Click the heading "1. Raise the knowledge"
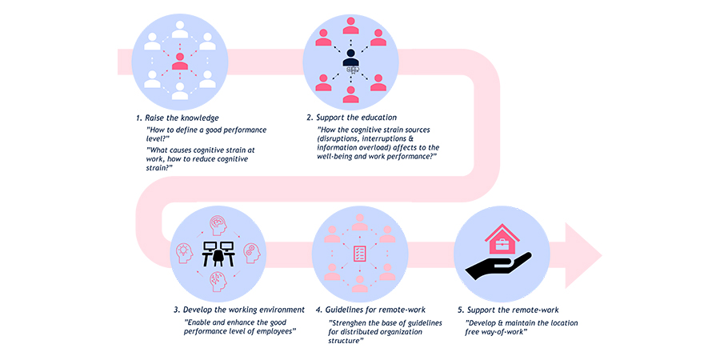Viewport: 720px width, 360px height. point(175,118)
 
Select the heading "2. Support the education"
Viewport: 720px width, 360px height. point(352,118)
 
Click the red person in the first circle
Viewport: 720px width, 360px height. point(180,62)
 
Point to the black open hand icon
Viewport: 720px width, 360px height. point(498,266)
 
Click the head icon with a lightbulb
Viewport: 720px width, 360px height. point(184,254)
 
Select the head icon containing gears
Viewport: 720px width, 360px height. point(252,253)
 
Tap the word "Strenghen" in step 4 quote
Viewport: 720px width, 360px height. point(349,323)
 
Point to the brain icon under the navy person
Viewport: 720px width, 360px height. point(352,70)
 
